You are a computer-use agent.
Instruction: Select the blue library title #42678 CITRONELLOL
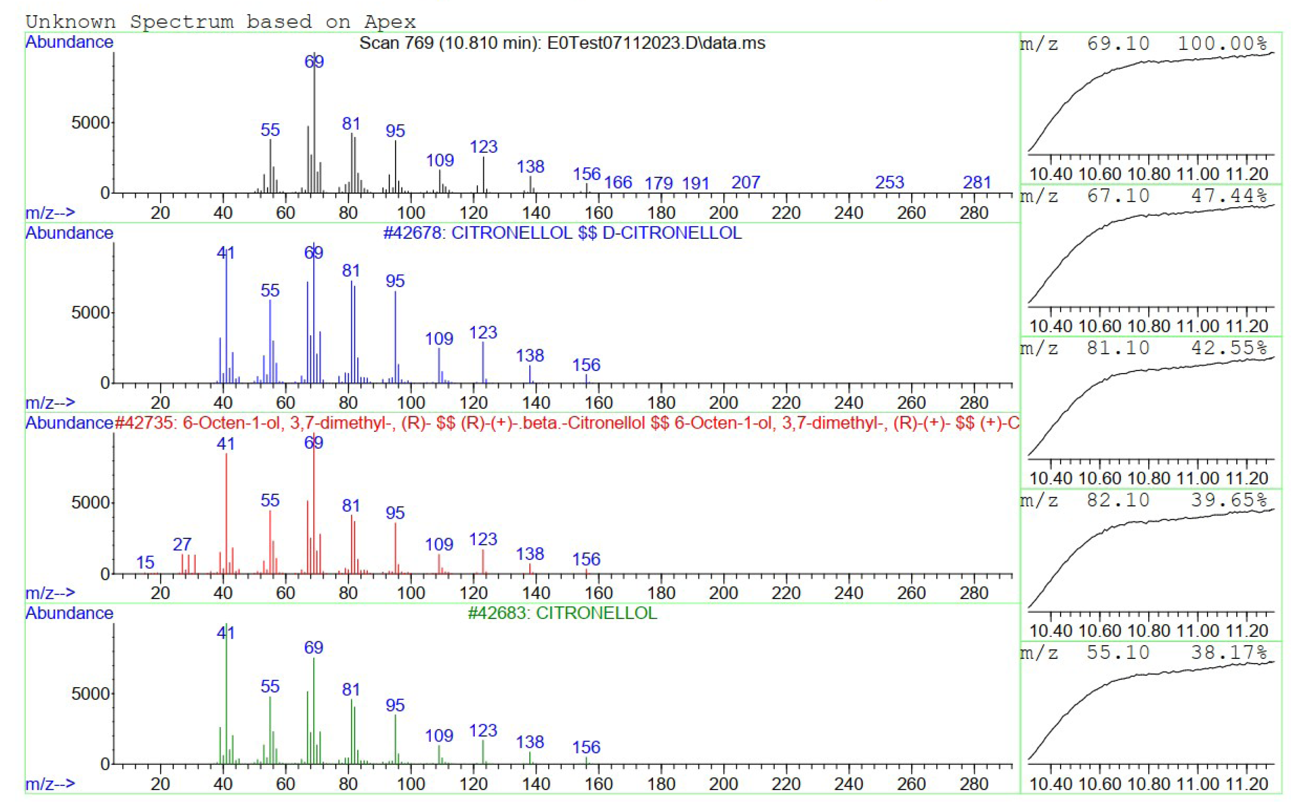[x=562, y=233]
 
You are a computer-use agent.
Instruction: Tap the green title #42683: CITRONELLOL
[x=562, y=613]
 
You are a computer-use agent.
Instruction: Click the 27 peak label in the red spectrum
[x=182, y=544]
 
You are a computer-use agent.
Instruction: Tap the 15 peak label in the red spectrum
[x=145, y=563]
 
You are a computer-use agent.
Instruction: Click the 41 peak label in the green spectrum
[x=225, y=633]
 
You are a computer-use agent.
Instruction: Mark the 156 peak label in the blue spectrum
[x=586, y=365]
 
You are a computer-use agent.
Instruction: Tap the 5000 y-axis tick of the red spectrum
[x=90, y=502]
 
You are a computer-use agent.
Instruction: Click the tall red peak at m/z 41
[x=226, y=509]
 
